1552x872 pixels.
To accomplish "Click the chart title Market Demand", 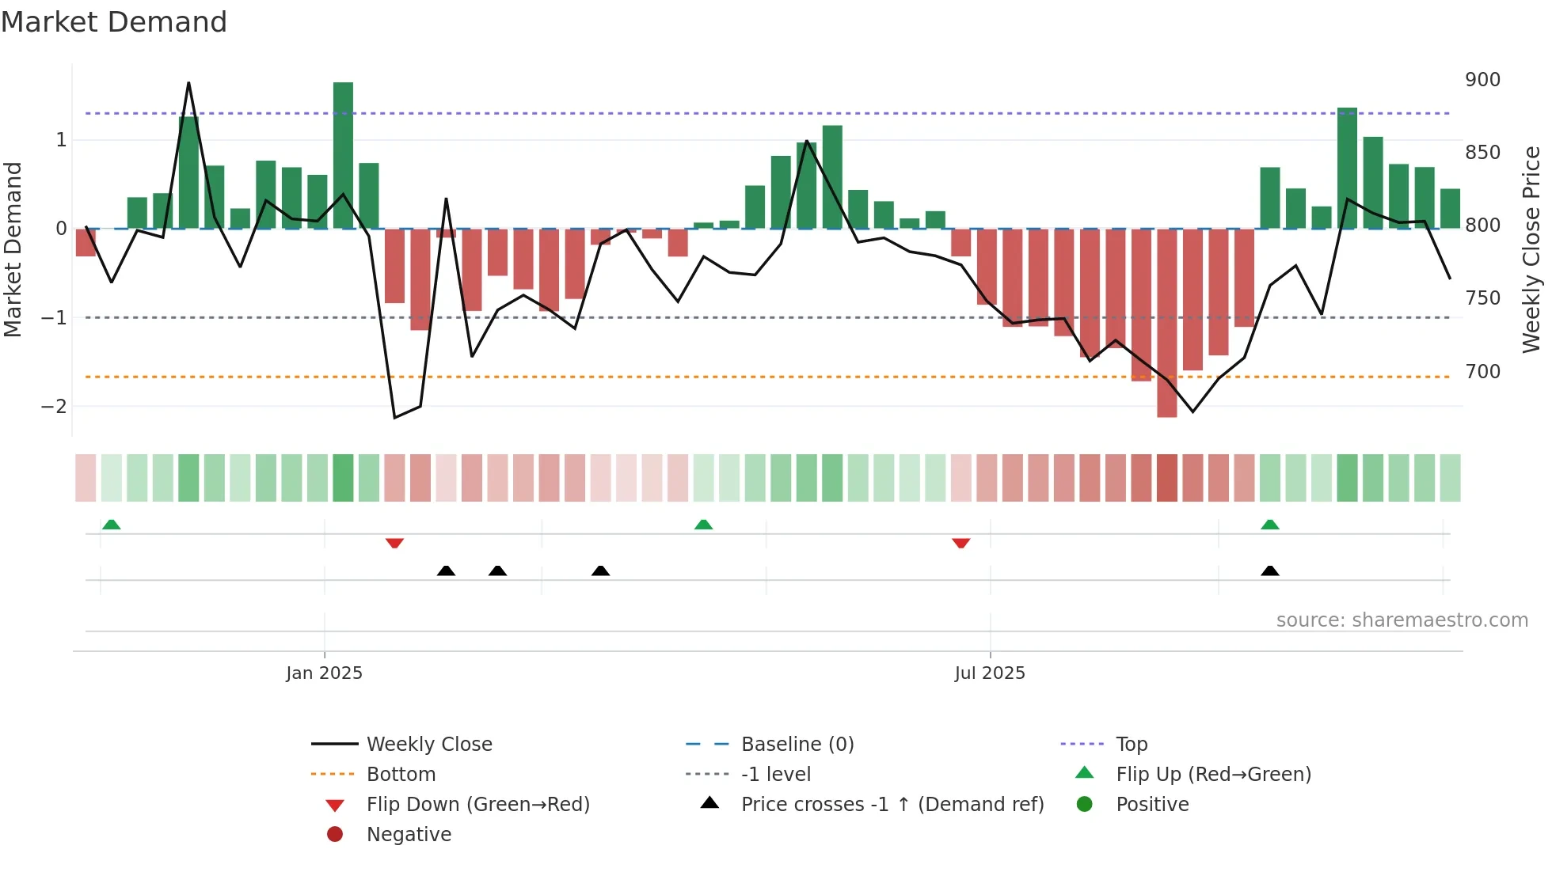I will [x=114, y=21].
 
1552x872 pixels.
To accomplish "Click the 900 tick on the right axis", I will [x=1482, y=80].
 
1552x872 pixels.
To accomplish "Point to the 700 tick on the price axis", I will [x=1482, y=371].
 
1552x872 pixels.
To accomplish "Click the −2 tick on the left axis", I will [x=55, y=407].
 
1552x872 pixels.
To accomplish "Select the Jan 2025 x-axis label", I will [x=324, y=673].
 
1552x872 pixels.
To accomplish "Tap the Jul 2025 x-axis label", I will [x=990, y=673].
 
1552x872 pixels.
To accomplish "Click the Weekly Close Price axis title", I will [x=1531, y=249].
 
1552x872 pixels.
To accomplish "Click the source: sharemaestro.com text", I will [x=1402, y=620].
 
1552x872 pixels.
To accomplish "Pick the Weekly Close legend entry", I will [x=428, y=745].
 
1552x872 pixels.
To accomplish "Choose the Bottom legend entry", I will [x=401, y=775].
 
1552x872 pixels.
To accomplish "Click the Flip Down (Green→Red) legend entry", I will [x=477, y=805].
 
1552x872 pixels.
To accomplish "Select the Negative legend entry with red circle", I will [x=409, y=835].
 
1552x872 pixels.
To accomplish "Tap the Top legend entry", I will [x=1132, y=745].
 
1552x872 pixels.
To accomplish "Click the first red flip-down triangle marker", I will [x=394, y=543].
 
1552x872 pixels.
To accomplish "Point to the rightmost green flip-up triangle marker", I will [x=1269, y=525].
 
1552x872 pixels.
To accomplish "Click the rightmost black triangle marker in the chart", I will [x=1269, y=571].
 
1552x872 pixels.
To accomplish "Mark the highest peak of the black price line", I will [x=188, y=83].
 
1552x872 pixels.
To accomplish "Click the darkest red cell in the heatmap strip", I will [x=1166, y=478].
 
